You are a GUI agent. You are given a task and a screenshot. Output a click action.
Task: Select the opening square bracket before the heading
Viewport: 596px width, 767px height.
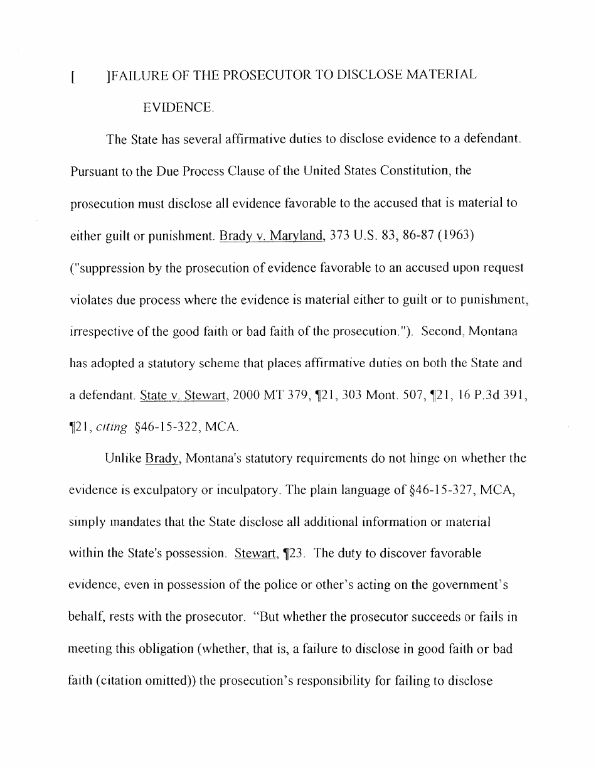pyautogui.click(x=73, y=77)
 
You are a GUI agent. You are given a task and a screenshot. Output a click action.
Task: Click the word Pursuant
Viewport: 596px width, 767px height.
pyautogui.click(x=92, y=171)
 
